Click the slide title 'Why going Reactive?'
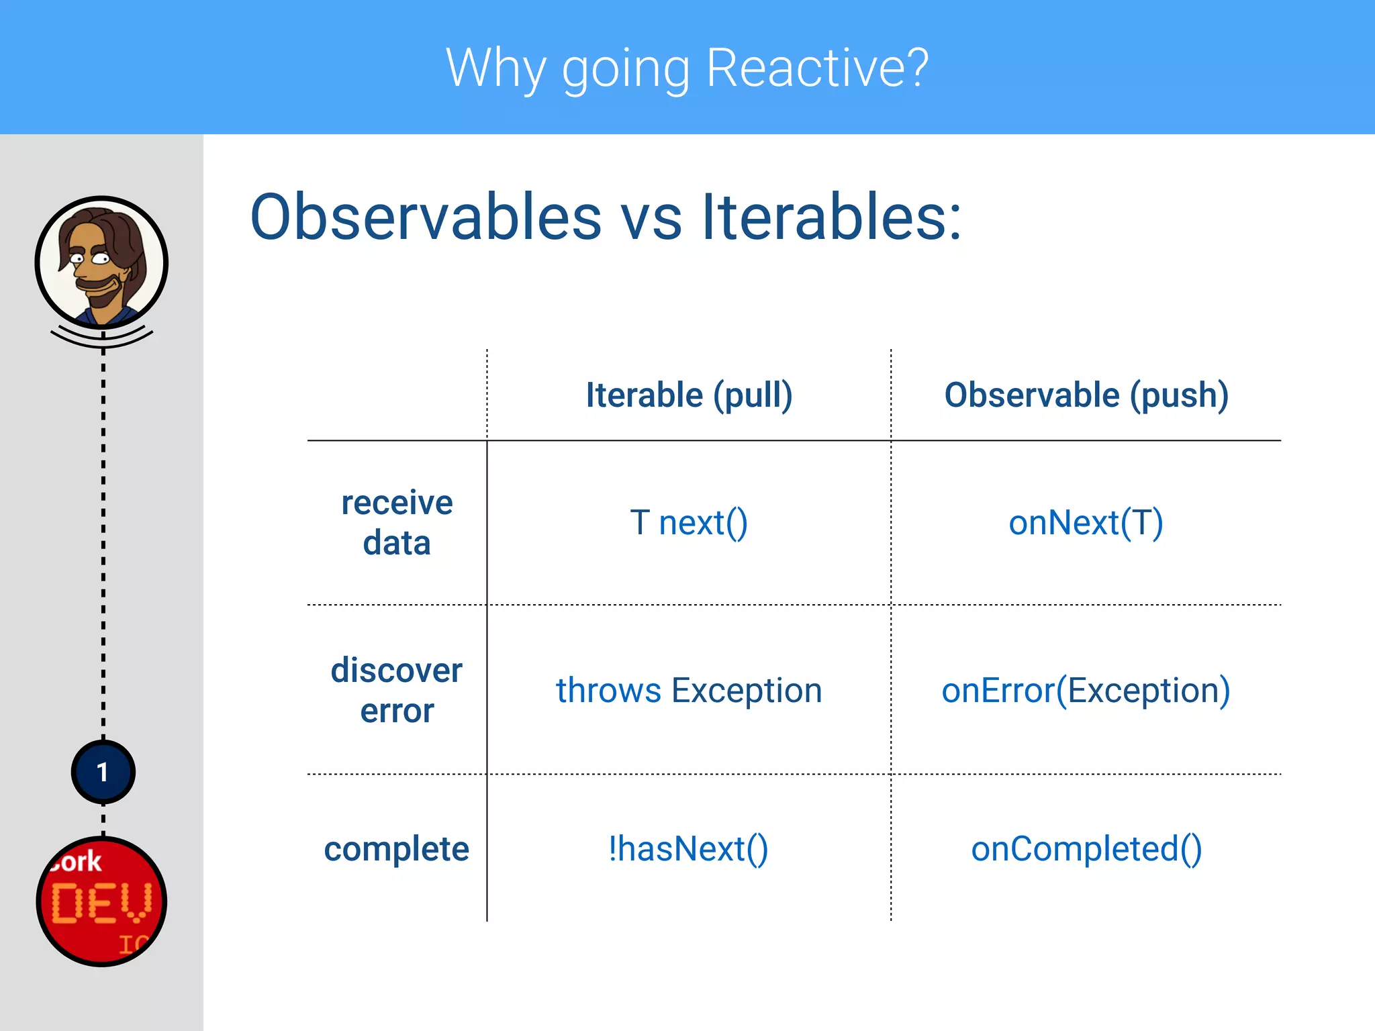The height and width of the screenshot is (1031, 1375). [687, 68]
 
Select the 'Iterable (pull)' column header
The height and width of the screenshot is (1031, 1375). [689, 395]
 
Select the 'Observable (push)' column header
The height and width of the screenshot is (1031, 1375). [1086, 395]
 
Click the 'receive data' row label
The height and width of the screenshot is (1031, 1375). [397, 522]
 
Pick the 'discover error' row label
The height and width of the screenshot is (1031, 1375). [397, 690]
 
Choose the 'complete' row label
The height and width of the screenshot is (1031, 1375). [396, 848]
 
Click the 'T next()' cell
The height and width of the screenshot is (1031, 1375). [689, 523]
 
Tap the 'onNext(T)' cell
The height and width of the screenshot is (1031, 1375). [1086, 523]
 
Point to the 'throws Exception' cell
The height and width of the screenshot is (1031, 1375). [689, 691]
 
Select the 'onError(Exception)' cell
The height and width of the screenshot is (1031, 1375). [1086, 691]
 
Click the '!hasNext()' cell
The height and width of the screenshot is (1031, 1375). [689, 849]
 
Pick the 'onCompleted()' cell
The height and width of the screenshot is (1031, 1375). [1086, 849]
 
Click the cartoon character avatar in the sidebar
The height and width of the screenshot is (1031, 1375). [101, 262]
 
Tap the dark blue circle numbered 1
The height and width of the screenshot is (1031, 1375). [103, 772]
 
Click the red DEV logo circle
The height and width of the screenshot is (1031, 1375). [101, 901]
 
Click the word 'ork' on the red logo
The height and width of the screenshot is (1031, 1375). [79, 862]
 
